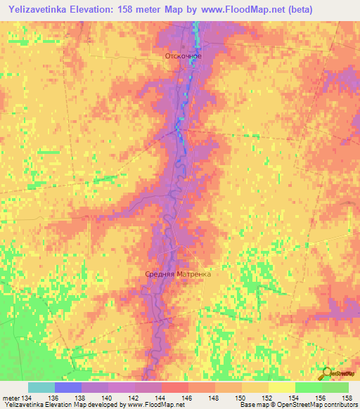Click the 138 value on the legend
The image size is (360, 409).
point(82,397)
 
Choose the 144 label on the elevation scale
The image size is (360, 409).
point(162,397)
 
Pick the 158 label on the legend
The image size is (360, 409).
point(348,397)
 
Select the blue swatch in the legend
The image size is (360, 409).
point(68,387)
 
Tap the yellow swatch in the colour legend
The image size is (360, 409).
point(281,387)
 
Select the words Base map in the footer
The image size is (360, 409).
point(255,405)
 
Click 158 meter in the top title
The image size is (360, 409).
point(149,10)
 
